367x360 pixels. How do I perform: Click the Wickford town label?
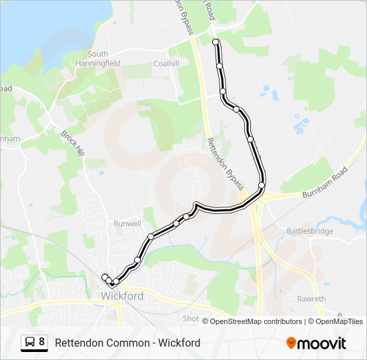(x=122, y=295)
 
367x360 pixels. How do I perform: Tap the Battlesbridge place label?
(x=310, y=231)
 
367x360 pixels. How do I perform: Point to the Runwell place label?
(x=127, y=223)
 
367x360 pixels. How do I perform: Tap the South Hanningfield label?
(x=97, y=59)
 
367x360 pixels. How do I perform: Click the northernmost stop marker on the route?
(x=216, y=42)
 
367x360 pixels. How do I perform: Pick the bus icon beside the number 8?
(x=30, y=343)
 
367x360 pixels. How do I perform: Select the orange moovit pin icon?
(x=291, y=343)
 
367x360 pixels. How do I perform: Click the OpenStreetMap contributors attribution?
(x=256, y=321)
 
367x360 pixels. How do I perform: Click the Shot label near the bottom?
(x=191, y=319)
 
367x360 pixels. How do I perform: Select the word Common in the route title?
(x=133, y=343)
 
